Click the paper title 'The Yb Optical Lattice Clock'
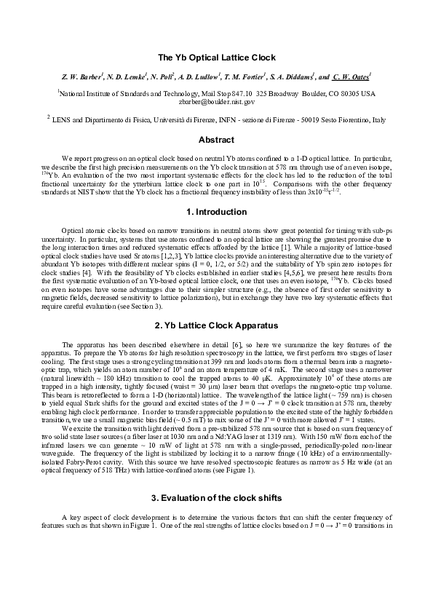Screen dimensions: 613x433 216,58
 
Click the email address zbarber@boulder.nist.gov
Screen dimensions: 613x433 216,103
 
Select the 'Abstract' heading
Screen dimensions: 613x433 216,139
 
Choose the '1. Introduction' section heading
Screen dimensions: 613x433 216,212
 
